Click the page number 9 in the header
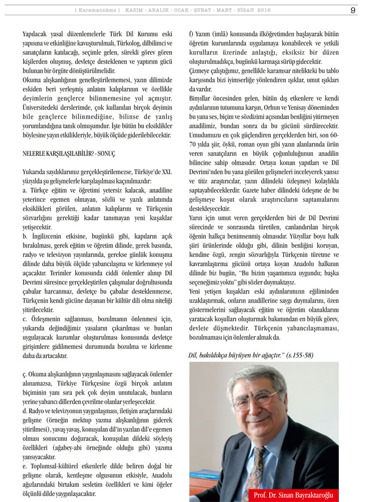(353, 10)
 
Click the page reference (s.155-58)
(300, 355)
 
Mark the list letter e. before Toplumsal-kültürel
(25, 466)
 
